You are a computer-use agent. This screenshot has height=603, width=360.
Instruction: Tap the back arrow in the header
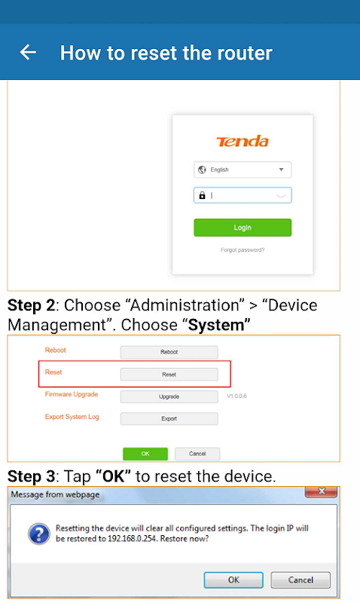(28, 52)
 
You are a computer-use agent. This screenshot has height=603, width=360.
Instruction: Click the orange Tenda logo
(243, 141)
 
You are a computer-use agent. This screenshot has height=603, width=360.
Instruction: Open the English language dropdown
(243, 170)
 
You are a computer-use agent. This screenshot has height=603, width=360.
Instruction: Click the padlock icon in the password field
(202, 195)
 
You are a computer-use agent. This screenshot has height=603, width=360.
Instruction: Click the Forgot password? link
(243, 250)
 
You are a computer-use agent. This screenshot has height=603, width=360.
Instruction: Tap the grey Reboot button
(169, 352)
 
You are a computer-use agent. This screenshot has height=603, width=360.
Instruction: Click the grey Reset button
(169, 374)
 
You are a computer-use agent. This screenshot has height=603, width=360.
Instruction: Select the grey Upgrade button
(169, 396)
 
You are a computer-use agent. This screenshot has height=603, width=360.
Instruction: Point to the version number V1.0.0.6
(236, 396)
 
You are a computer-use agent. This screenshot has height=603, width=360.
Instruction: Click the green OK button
(145, 454)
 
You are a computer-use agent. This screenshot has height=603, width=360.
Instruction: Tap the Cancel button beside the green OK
(197, 454)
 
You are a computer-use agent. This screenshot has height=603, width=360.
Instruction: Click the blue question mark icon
(39, 534)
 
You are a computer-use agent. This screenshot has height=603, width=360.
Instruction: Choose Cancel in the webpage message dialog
(301, 580)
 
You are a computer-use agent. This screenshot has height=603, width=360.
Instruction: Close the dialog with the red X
(321, 491)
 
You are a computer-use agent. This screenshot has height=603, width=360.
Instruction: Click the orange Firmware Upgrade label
(72, 394)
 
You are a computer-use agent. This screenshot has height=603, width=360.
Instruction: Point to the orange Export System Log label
(72, 417)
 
